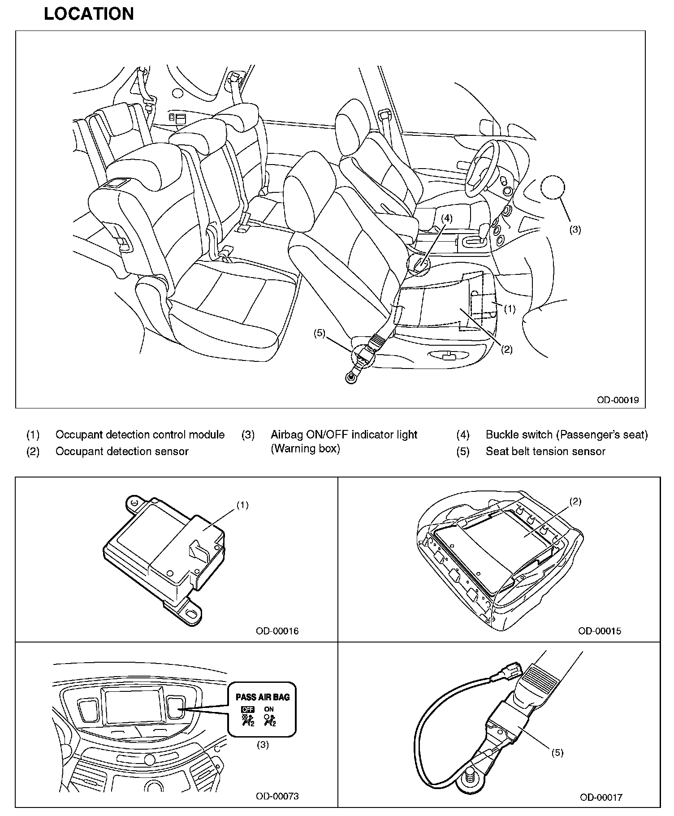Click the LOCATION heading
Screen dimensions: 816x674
pos(89,14)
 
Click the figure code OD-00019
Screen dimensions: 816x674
pos(617,399)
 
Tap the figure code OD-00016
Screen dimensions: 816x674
pos(277,631)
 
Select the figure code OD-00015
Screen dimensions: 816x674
pos(600,631)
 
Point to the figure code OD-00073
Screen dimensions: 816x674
pos(277,796)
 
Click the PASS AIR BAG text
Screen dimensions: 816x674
pos(263,697)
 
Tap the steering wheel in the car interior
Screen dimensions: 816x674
pos(482,168)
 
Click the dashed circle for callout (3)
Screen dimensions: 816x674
pos(553,187)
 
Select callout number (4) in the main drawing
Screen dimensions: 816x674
pos(446,218)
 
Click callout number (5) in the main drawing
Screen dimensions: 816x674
pos(319,334)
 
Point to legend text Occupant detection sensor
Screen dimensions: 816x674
pos(122,451)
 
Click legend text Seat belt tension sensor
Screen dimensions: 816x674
pos(545,451)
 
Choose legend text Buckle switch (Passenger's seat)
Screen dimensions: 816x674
pos(566,434)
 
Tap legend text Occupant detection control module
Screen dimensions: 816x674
pos(140,434)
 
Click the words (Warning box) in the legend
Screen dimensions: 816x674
pos(305,448)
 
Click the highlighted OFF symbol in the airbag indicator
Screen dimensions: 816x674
pos(247,709)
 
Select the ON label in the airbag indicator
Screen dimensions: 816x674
pos(269,709)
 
